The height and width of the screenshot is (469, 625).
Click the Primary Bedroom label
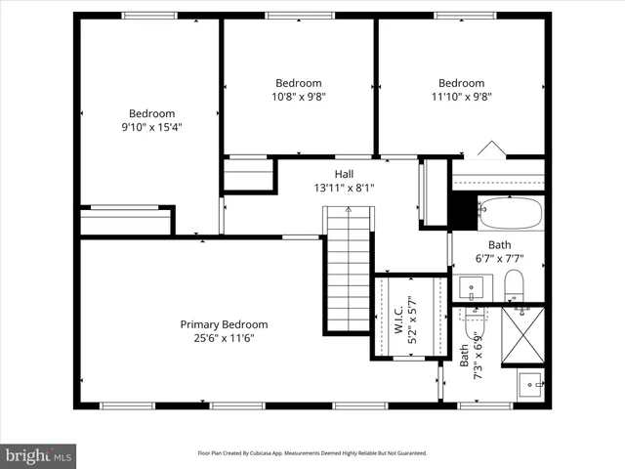224,324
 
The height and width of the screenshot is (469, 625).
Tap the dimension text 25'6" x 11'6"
224,338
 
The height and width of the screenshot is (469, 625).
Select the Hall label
345,174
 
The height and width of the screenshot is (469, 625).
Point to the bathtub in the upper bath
511,211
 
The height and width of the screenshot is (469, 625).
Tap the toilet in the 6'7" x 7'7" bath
515,285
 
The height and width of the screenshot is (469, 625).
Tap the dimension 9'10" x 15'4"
152,127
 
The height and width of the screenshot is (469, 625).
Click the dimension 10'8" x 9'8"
298,97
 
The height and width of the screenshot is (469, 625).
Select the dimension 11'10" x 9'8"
461,97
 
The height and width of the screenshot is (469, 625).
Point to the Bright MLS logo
39,454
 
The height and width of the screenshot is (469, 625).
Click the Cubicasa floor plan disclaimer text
312,453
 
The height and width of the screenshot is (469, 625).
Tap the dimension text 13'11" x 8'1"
345,188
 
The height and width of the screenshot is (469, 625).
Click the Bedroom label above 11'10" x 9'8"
461,83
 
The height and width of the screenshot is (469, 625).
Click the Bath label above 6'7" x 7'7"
499,245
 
